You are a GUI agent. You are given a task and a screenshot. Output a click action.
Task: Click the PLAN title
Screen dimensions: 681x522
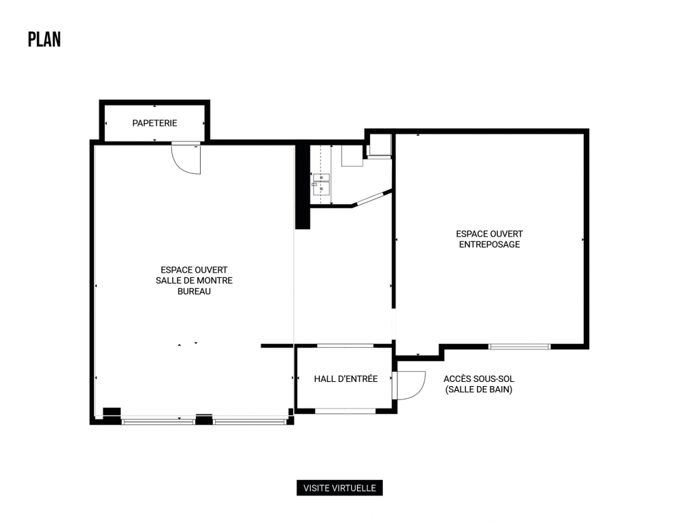point(44,39)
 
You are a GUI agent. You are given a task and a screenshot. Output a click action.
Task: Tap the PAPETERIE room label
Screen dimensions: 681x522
point(154,123)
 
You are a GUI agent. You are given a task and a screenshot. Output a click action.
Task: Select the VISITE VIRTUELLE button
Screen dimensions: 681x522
point(339,488)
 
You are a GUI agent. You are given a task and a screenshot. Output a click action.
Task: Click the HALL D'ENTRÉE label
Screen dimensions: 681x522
point(346,379)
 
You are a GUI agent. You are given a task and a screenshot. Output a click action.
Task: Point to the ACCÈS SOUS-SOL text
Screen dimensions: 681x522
point(479,379)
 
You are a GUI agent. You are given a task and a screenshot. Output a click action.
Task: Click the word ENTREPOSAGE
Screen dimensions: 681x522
point(489,245)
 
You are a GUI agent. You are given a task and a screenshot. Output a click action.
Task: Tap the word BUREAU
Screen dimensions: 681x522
point(194,292)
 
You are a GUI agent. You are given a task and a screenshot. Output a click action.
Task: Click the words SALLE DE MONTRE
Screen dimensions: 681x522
point(194,281)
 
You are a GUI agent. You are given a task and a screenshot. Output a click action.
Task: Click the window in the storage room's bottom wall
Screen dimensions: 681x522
point(520,347)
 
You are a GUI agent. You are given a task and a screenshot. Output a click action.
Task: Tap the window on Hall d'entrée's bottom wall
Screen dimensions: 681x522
point(346,411)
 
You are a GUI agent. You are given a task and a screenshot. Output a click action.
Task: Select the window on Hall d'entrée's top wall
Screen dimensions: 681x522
point(346,346)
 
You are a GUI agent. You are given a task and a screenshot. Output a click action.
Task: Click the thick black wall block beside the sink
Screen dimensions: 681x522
point(302,187)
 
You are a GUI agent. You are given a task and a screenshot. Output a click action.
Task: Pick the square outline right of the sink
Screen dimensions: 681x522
point(352,156)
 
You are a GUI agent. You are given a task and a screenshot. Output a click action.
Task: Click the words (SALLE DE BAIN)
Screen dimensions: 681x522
point(479,389)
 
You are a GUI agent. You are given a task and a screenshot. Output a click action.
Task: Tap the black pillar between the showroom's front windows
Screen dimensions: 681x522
point(203,419)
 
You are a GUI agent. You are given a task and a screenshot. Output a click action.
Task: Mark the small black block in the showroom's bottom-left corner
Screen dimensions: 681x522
point(112,412)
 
